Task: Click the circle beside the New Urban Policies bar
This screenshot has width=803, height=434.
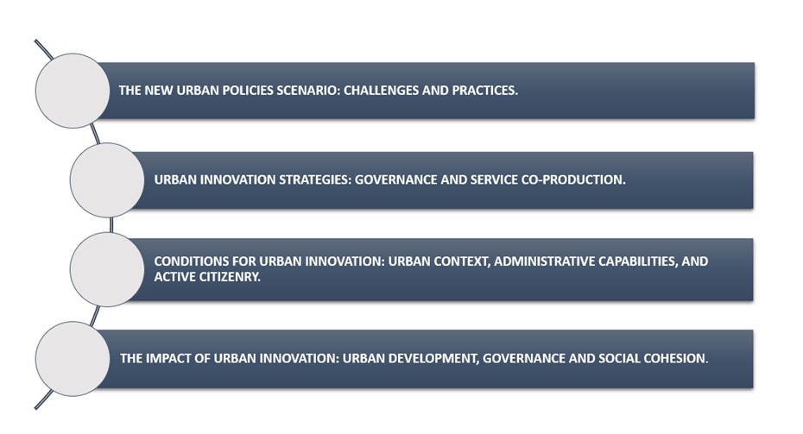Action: tap(73, 91)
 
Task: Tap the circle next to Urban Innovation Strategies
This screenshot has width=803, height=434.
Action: tap(107, 180)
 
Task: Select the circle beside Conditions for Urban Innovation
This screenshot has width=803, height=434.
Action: tap(107, 270)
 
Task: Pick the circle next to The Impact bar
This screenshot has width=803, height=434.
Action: tap(73, 359)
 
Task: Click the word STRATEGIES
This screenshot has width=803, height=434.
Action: tap(314, 180)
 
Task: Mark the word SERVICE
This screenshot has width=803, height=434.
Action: tap(493, 180)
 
